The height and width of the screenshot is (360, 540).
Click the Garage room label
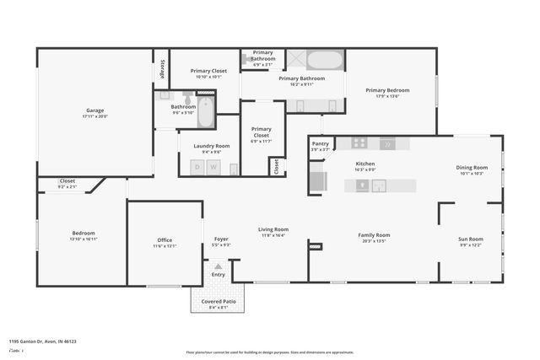[x=94, y=110]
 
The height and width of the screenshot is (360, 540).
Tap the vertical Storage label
[x=162, y=72]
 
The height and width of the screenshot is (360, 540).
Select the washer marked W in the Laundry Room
[x=213, y=167]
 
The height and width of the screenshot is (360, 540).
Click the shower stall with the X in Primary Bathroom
[x=296, y=59]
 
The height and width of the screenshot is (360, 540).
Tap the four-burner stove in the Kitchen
[x=359, y=143]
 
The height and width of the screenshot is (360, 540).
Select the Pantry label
[x=321, y=143]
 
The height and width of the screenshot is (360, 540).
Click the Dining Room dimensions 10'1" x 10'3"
[x=471, y=174]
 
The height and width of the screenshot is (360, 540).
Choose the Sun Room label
[x=470, y=239]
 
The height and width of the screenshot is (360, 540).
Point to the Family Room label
[x=374, y=234]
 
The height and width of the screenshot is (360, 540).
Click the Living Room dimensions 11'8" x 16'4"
[x=273, y=235]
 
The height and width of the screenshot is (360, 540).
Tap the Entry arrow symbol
[x=218, y=266]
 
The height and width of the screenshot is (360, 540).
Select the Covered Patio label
[x=218, y=301]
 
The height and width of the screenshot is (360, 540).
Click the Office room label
[x=165, y=239]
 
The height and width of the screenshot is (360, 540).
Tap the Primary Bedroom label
[x=387, y=89]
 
